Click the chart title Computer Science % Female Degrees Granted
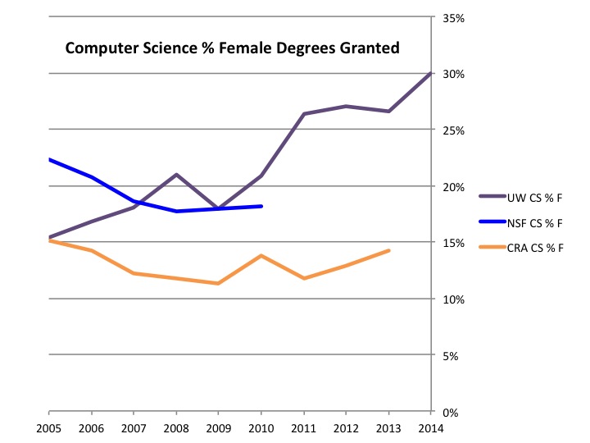(x=232, y=48)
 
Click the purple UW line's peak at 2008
(x=176, y=175)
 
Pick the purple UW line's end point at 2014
(x=430, y=74)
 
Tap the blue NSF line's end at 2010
(x=261, y=206)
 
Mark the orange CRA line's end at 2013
(x=388, y=250)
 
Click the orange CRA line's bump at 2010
(x=261, y=256)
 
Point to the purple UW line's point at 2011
(x=303, y=114)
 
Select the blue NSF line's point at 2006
(x=92, y=177)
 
